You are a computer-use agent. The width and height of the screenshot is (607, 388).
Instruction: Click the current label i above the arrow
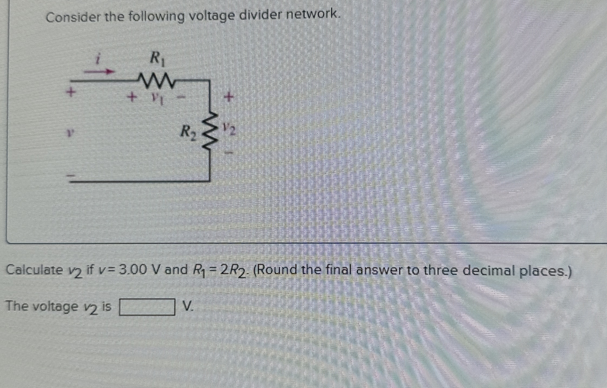tap(99, 59)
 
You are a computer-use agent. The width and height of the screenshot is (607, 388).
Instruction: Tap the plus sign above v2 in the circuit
tap(229, 96)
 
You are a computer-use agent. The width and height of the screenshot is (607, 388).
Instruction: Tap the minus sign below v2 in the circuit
tap(229, 153)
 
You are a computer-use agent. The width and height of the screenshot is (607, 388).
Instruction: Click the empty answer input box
tap(147, 307)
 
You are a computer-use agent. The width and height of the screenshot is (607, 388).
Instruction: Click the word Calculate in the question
tap(34, 270)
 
